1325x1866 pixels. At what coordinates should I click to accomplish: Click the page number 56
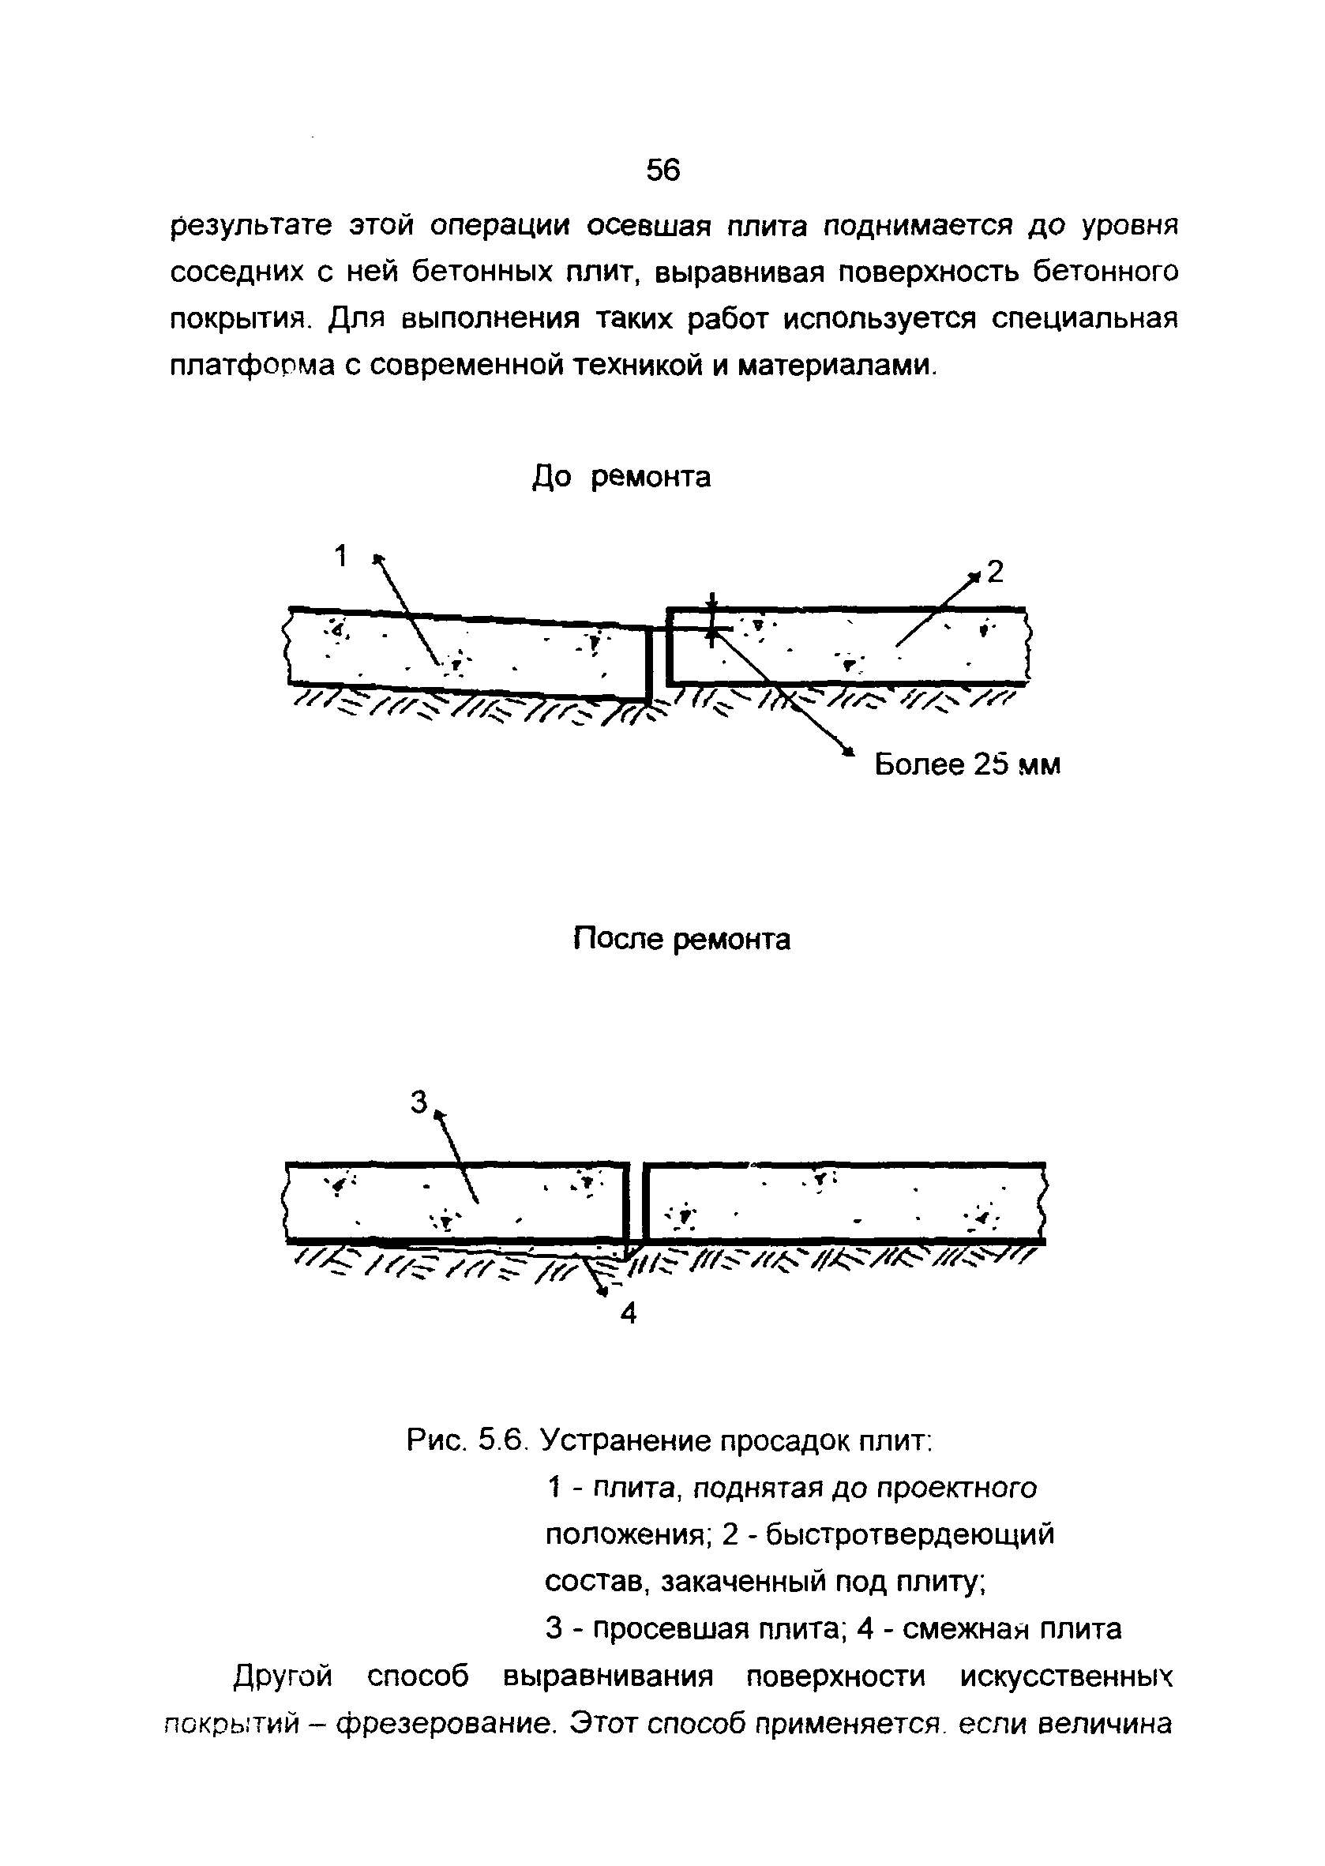pyautogui.click(x=662, y=171)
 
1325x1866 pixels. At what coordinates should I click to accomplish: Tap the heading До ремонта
pyautogui.click(x=621, y=476)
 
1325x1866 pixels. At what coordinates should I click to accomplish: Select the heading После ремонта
pyautogui.click(x=681, y=939)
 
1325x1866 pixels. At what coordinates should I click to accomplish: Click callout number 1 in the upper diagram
pyautogui.click(x=341, y=557)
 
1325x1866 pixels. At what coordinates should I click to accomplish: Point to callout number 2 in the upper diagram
pyautogui.click(x=995, y=572)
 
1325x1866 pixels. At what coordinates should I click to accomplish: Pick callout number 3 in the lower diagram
pyautogui.click(x=418, y=1103)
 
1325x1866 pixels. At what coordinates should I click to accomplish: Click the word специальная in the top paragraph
pyautogui.click(x=1085, y=318)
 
